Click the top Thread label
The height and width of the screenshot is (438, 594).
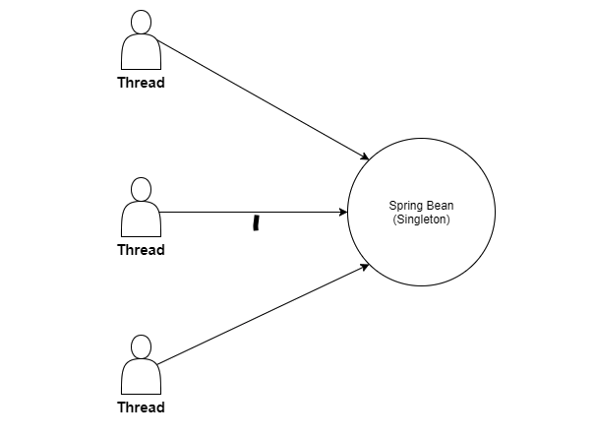141,83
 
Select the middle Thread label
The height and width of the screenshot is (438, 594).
141,250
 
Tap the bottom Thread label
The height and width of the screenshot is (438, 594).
141,407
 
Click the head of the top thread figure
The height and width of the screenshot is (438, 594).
141,22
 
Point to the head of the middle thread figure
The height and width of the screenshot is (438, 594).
141,189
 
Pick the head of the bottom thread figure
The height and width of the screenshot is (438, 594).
141,346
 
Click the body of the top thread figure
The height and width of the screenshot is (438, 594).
141,53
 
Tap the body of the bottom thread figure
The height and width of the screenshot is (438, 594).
141,378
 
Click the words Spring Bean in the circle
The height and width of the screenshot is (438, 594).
421,206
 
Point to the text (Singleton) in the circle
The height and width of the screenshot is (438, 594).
421,219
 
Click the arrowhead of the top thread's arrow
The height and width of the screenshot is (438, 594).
365,157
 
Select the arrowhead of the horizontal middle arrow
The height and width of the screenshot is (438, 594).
342,213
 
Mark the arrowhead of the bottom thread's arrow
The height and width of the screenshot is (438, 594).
365,267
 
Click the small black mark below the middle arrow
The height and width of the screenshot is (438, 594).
256,223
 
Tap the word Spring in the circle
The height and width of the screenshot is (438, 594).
405,206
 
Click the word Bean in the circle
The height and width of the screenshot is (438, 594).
438,206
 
